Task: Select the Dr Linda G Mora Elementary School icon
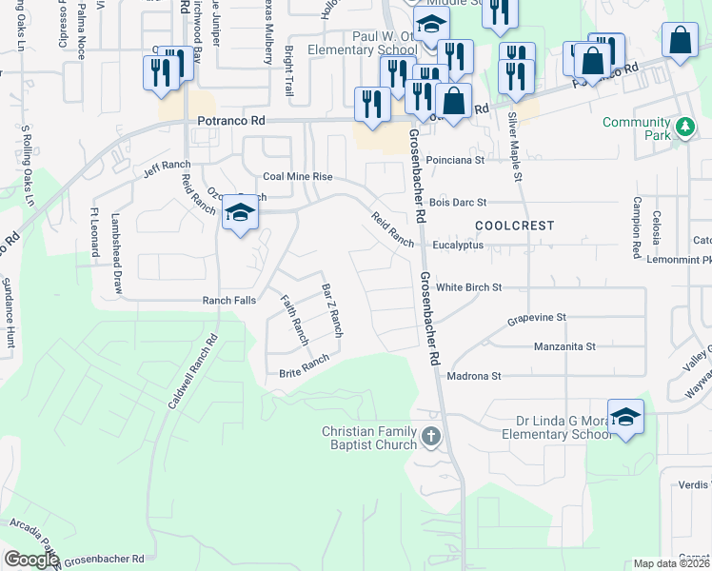(625, 417)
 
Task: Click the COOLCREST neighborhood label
(514, 225)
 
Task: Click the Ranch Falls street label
(228, 300)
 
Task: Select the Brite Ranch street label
(305, 365)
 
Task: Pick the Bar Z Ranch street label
(331, 311)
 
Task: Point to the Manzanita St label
(564, 346)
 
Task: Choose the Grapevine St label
(536, 317)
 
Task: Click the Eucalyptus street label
(458, 245)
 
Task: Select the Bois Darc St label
(458, 203)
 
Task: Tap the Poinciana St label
(455, 161)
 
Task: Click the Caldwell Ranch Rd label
(192, 372)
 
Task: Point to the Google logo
(30, 560)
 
